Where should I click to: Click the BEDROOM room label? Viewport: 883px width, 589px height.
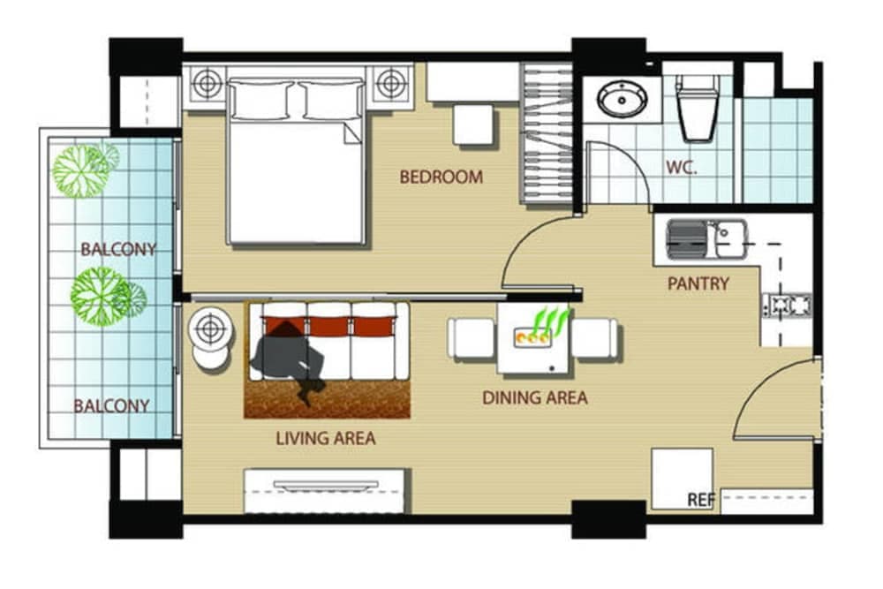click(x=441, y=177)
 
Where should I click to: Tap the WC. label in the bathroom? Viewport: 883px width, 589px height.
click(x=682, y=167)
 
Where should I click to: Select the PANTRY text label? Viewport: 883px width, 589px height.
click(x=698, y=283)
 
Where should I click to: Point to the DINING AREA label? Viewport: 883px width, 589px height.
click(x=534, y=398)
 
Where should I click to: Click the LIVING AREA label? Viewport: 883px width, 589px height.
click(x=326, y=437)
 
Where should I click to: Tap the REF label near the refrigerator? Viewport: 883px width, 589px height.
click(x=701, y=500)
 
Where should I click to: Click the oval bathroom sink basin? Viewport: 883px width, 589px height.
click(x=622, y=99)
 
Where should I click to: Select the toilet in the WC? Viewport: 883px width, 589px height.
click(x=697, y=107)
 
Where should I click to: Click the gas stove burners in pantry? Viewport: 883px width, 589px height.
click(x=786, y=306)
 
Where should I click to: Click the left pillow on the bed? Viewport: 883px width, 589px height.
click(x=261, y=100)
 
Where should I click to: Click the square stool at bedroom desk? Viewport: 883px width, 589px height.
click(x=473, y=124)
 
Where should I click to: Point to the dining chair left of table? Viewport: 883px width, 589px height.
click(x=471, y=338)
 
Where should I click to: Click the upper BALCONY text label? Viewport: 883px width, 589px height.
click(x=118, y=249)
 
